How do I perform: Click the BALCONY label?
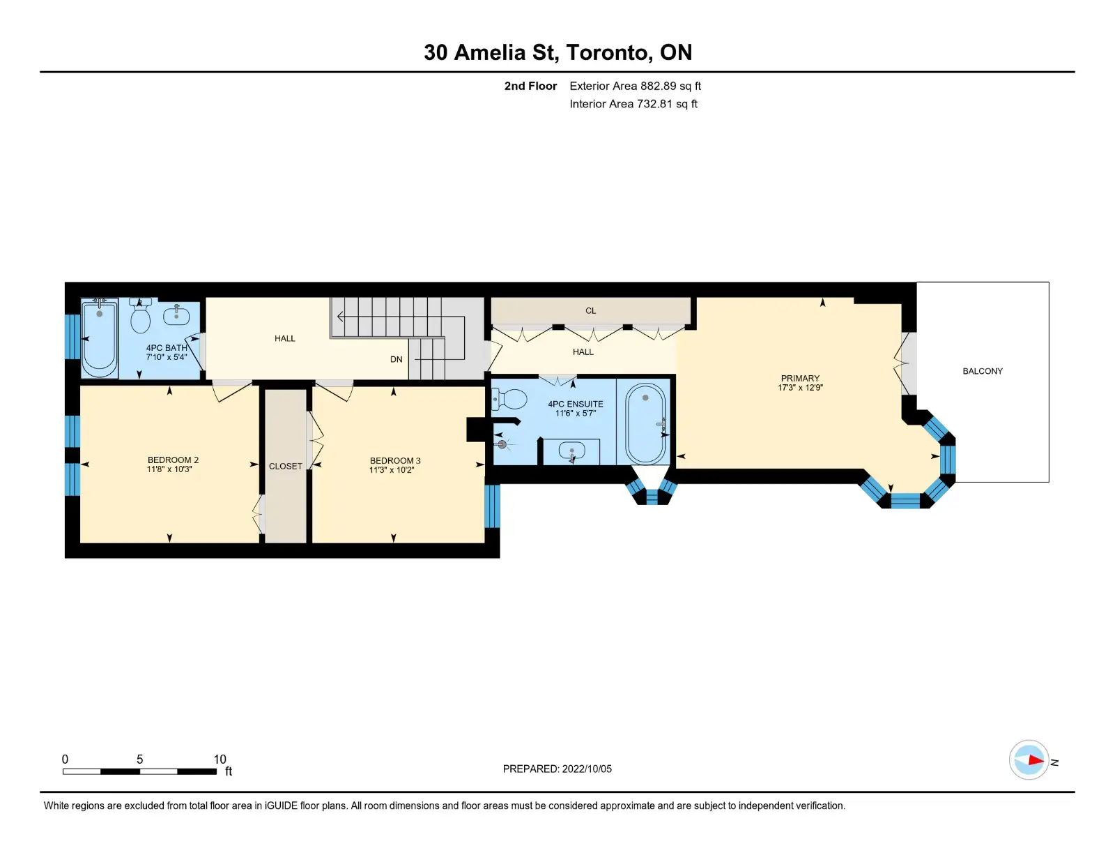pyautogui.click(x=982, y=371)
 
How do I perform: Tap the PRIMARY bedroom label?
pyautogui.click(x=800, y=379)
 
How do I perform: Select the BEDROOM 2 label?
pyautogui.click(x=173, y=460)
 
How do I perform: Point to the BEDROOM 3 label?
pyautogui.click(x=395, y=461)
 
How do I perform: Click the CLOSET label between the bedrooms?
pyautogui.click(x=285, y=466)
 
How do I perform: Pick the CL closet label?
pyautogui.click(x=590, y=310)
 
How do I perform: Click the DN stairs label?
pyautogui.click(x=396, y=359)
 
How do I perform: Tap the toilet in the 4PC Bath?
pyautogui.click(x=140, y=316)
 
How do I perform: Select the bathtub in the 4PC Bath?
pyautogui.click(x=100, y=338)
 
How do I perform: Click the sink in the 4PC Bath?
pyautogui.click(x=176, y=316)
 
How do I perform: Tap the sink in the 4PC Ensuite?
pyautogui.click(x=571, y=451)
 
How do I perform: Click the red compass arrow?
pyautogui.click(x=1036, y=760)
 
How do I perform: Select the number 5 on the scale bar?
pyautogui.click(x=139, y=759)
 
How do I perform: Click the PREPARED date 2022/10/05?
pyautogui.click(x=587, y=769)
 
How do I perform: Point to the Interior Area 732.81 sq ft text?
pyautogui.click(x=633, y=104)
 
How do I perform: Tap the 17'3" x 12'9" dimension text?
pyautogui.click(x=800, y=388)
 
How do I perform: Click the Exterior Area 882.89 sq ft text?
pyautogui.click(x=636, y=86)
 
